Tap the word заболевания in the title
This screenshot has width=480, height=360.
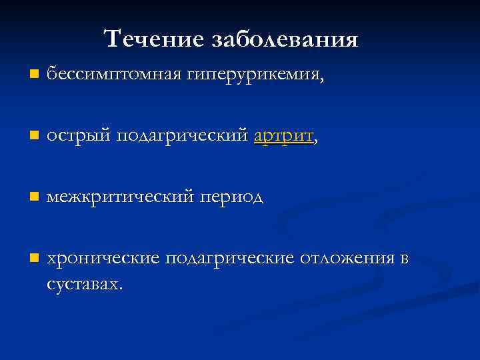click(x=285, y=39)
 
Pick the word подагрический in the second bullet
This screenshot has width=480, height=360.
click(x=183, y=137)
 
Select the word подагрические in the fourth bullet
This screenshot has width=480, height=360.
click(x=229, y=259)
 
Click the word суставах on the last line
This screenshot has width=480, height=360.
click(x=83, y=284)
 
